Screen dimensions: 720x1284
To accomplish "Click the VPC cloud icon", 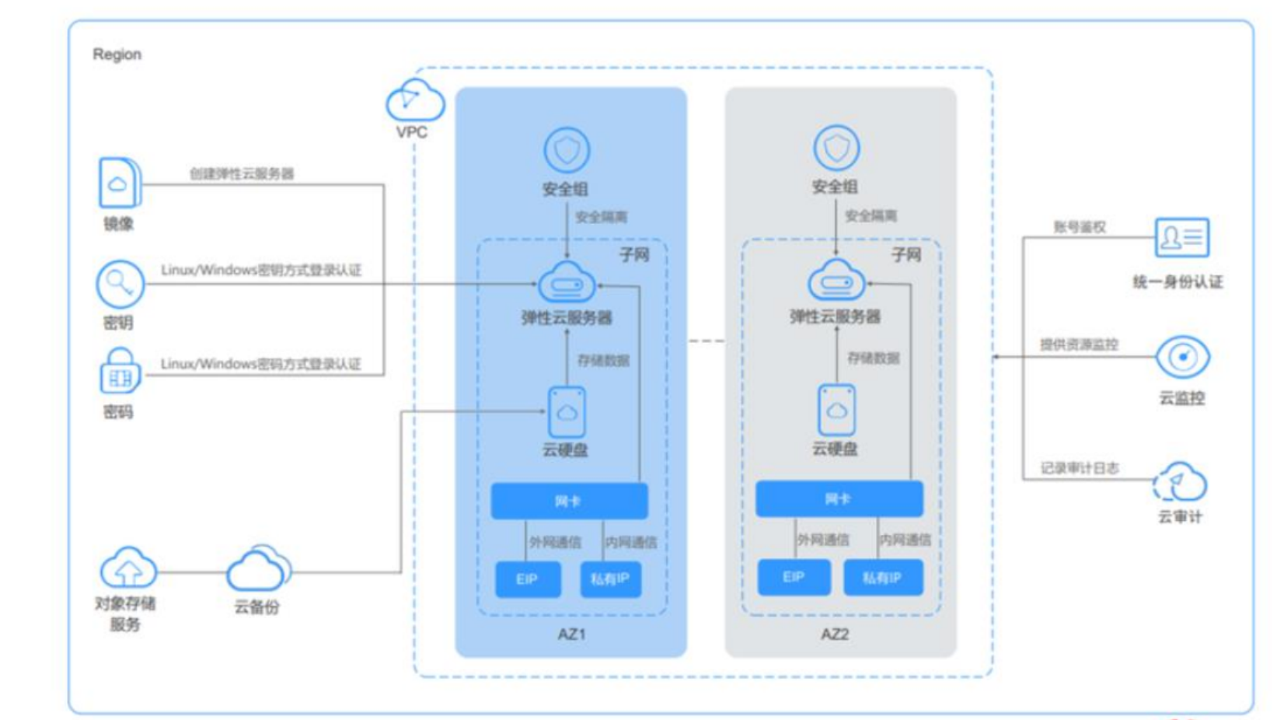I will pos(415,101).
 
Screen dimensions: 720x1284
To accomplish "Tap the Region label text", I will pos(117,54).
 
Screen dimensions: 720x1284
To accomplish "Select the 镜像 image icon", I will pos(119,183).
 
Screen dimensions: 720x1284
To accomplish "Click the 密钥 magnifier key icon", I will pos(120,285).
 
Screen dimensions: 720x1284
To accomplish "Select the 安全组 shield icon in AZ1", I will pos(567,150).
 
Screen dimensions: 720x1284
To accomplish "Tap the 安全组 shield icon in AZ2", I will pos(836,148).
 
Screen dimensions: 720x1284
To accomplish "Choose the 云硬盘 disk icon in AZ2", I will pos(836,410).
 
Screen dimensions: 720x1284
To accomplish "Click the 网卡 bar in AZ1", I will pos(569,501).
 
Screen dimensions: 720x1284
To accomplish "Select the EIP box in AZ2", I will pos(794,577).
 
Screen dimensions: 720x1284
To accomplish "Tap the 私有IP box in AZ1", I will pos(610,579).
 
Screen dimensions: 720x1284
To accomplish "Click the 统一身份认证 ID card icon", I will pos(1181,238).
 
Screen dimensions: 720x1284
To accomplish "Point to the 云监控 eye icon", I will pos(1182,358).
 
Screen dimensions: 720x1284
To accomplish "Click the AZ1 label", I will pos(571,634).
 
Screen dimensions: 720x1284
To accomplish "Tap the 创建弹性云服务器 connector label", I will pos(242,173).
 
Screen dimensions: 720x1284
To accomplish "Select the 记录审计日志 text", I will pos(1080,468).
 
